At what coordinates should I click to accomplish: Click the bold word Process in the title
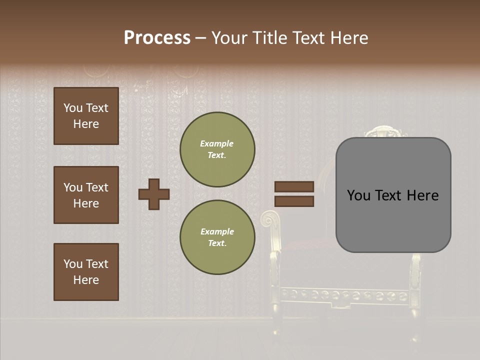tap(157, 38)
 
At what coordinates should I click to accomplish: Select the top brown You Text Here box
tap(86, 116)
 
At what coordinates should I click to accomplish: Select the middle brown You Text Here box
tap(86, 195)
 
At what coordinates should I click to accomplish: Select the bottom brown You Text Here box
tap(86, 272)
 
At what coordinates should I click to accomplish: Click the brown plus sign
tap(154, 194)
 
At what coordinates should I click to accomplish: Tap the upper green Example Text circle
tap(217, 149)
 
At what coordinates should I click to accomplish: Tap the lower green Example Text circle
tap(217, 237)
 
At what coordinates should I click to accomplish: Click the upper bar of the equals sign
tap(294, 186)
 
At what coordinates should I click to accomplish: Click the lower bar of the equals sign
tap(294, 201)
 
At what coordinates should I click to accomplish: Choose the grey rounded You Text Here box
tap(393, 195)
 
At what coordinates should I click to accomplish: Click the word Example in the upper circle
tap(217, 143)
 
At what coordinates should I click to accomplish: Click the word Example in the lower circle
tap(217, 231)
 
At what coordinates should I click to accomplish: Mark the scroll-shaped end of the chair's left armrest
tap(270, 219)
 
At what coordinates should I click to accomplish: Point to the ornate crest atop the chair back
tap(384, 132)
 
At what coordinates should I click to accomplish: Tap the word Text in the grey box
tap(392, 195)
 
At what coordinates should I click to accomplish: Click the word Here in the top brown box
tap(86, 124)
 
